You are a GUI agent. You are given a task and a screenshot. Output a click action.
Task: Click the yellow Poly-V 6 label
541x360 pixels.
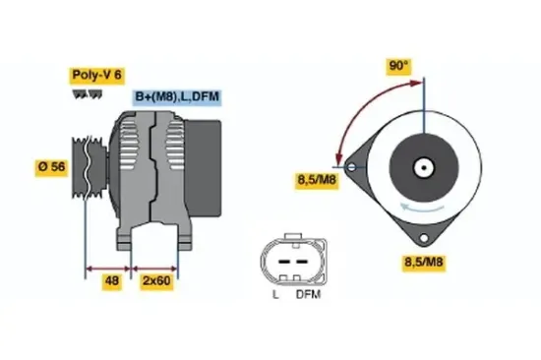(x=96, y=74)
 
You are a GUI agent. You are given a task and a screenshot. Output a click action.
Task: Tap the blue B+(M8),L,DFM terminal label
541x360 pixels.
(x=177, y=96)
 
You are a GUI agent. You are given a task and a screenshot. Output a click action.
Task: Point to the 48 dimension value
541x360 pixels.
(x=113, y=280)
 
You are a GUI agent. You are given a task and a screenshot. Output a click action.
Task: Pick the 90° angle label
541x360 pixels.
(x=398, y=66)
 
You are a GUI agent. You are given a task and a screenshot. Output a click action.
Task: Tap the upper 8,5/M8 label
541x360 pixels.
(x=317, y=179)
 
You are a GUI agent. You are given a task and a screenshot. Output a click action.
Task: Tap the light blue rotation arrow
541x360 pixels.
(x=425, y=207)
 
